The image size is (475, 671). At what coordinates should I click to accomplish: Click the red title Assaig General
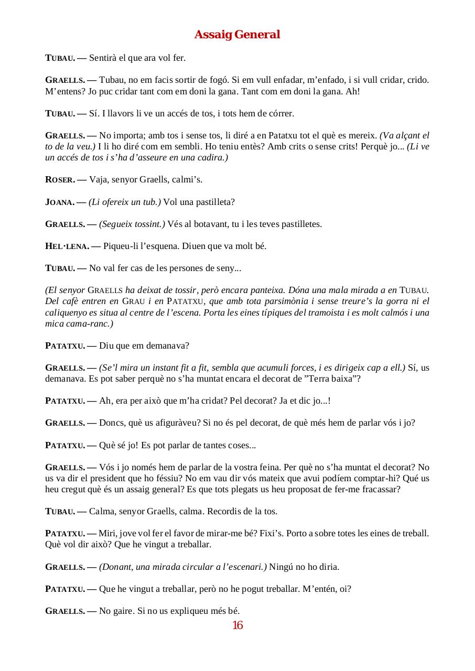[237, 35]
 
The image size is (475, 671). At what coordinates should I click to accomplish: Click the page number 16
[237, 625]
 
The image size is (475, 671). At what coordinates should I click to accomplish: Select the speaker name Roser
[60, 180]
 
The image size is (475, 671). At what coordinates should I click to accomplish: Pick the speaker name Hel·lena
[67, 246]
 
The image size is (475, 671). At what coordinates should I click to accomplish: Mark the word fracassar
[382, 489]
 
